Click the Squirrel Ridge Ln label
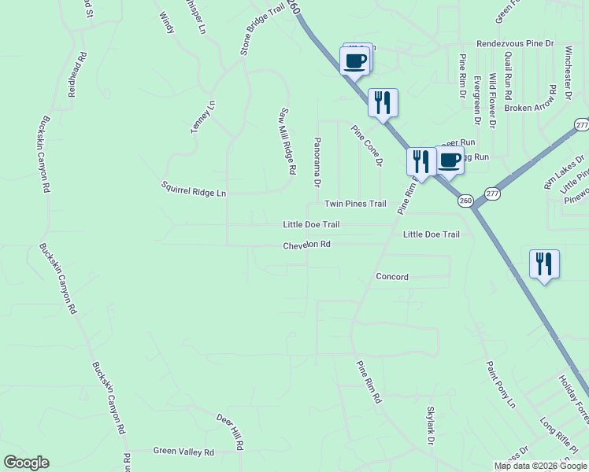[x=194, y=189]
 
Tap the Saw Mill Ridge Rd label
[x=287, y=141]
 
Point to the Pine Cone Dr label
[x=366, y=146]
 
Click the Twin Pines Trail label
[x=356, y=204]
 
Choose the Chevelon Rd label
[x=306, y=245]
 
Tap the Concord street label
[x=392, y=277]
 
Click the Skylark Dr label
[x=431, y=426]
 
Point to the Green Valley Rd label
[x=183, y=452]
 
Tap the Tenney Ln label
[x=202, y=116]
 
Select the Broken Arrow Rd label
[x=530, y=108]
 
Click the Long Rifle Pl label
[x=558, y=435]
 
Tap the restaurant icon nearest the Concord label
[x=543, y=264]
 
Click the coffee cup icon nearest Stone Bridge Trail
[x=354, y=60]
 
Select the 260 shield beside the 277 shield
[x=465, y=201]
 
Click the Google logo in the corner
[x=26, y=463]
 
